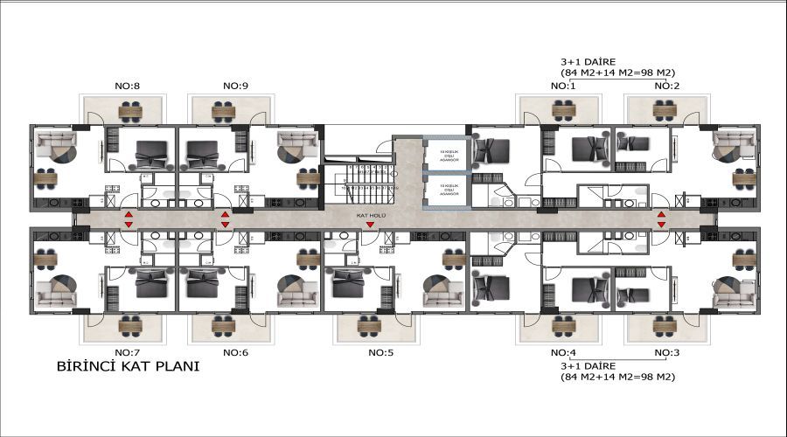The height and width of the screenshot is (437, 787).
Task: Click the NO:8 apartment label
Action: click(129, 86)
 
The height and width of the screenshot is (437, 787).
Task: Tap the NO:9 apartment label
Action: click(236, 86)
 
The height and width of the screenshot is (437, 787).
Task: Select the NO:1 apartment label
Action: click(562, 86)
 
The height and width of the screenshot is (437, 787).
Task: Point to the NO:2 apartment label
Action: click(667, 86)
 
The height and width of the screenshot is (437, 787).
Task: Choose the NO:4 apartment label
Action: click(562, 352)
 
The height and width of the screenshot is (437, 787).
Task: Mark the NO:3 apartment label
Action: click(667, 352)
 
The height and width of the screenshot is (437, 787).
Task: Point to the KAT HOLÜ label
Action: click(368, 214)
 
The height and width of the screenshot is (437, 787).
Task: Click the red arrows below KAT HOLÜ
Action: click(370, 225)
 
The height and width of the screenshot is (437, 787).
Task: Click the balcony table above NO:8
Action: click(130, 111)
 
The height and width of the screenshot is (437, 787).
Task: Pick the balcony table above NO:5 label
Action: click(378, 329)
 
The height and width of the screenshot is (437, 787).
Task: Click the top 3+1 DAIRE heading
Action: click(589, 62)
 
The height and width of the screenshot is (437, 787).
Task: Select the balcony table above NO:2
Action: click(665, 110)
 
